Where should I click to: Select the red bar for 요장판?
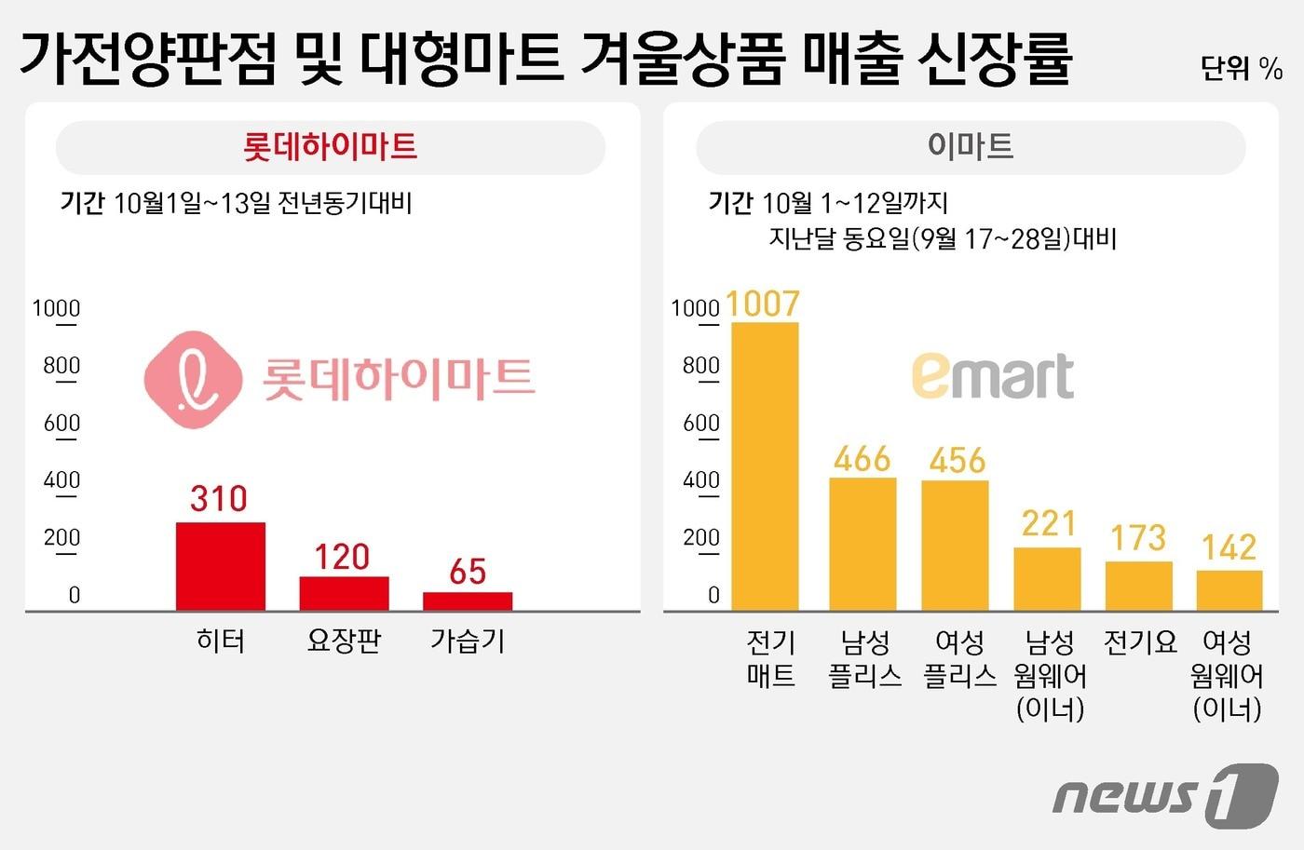[344, 593]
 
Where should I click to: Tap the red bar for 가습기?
[468, 600]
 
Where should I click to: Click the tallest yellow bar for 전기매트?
[765, 465]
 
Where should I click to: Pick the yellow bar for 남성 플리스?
[863, 544]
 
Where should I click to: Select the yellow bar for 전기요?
[1138, 586]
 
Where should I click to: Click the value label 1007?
[762, 304]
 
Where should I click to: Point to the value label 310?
[219, 499]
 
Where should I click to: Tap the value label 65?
[468, 572]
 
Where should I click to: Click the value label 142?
[1229, 547]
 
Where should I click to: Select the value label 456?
[957, 461]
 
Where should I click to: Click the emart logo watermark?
[992, 376]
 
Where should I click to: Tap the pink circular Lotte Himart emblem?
[193, 379]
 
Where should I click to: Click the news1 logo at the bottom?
[1165, 794]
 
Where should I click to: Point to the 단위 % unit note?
[1241, 68]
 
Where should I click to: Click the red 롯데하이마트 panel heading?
[330, 147]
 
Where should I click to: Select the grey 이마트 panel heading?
[970, 146]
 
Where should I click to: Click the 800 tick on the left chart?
[61, 366]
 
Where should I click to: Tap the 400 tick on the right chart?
[700, 480]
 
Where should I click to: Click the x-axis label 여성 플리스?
[959, 658]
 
